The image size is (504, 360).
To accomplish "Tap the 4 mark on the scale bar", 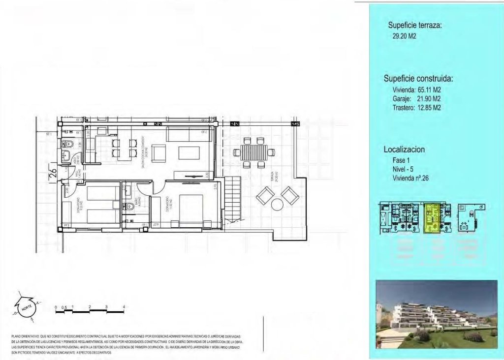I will (x=124, y=306).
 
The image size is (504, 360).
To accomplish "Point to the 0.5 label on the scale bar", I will (x=64, y=306).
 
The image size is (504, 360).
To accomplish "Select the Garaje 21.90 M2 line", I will (x=416, y=99).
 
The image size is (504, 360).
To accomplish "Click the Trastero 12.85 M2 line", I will (x=416, y=107).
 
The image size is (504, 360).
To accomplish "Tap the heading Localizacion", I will (x=404, y=150).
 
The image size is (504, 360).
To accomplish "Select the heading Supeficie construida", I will (x=418, y=79).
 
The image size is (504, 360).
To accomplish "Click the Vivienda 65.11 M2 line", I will (x=416, y=90).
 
